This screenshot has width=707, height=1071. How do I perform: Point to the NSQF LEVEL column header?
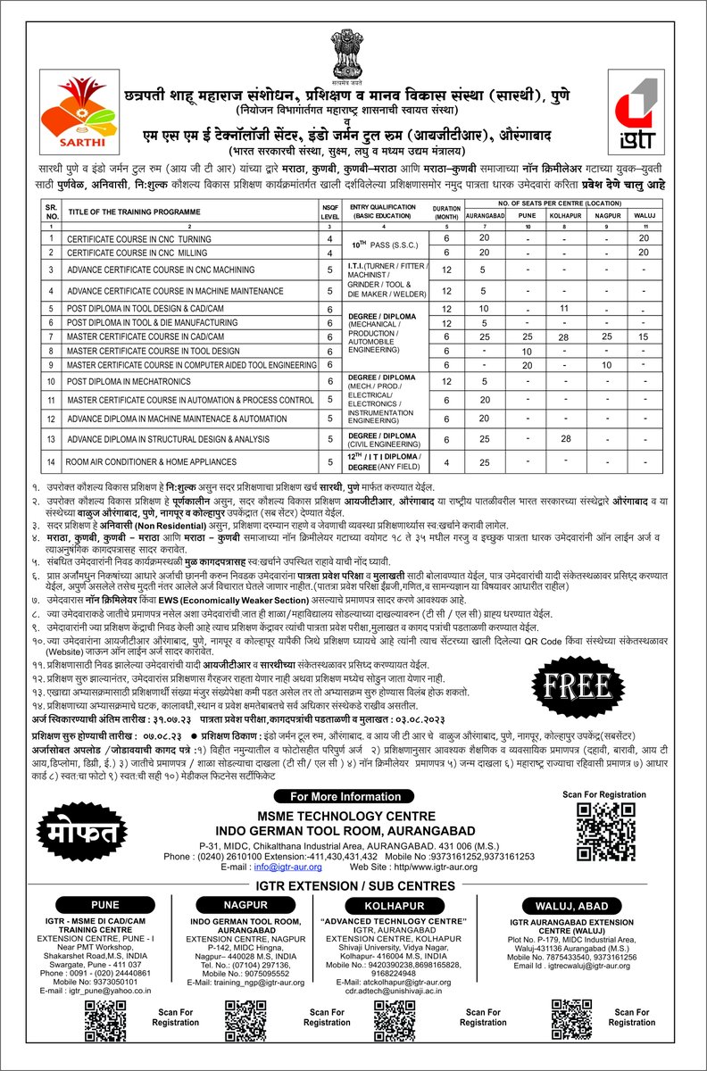click(x=329, y=212)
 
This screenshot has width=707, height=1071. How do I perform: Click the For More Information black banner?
click(x=354, y=796)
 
